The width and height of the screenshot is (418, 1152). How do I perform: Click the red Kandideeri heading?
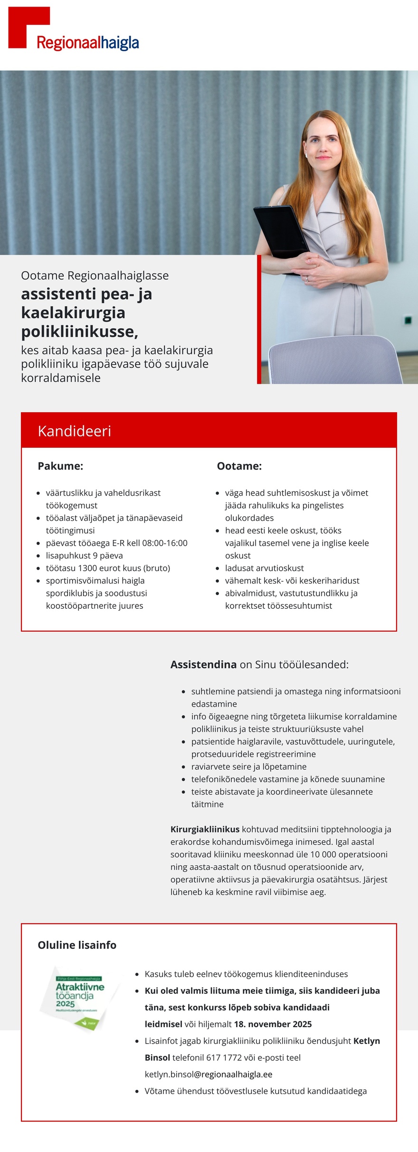pos(75,431)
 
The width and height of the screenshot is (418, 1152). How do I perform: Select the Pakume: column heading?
pos(60,466)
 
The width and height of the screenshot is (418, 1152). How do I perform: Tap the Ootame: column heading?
pos(239,466)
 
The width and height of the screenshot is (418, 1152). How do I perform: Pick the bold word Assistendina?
pos(203,664)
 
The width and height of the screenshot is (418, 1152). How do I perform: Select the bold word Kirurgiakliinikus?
pos(205,829)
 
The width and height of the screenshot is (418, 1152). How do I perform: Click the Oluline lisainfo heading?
pos(77,945)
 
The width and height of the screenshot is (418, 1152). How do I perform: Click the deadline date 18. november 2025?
pos(273,1024)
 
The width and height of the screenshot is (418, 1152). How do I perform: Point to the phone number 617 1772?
pos(224,1058)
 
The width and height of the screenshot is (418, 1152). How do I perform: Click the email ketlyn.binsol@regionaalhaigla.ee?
pos(209,1074)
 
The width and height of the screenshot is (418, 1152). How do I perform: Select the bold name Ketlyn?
pos(366,1041)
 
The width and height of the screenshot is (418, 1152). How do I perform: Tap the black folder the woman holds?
pos(281,233)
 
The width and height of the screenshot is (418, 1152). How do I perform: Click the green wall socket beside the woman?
pos(408,321)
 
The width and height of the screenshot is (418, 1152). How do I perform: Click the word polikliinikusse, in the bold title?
pos(79,331)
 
